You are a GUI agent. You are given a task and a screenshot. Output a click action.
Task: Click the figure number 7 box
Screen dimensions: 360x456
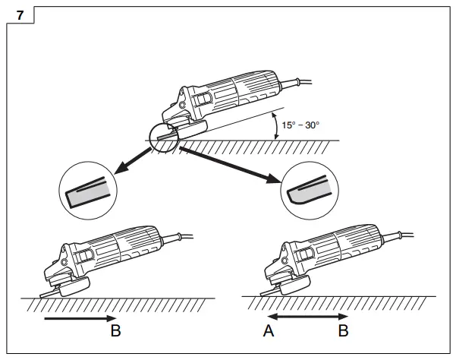pyautogui.click(x=20, y=14)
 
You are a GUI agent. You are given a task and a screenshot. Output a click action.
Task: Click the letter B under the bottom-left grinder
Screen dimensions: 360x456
pyautogui.click(x=116, y=332)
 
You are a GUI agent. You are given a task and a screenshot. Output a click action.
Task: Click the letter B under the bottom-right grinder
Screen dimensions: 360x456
pyautogui.click(x=343, y=332)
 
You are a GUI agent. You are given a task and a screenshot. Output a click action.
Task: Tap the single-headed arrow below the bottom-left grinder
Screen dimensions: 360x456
pyautogui.click(x=80, y=319)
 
